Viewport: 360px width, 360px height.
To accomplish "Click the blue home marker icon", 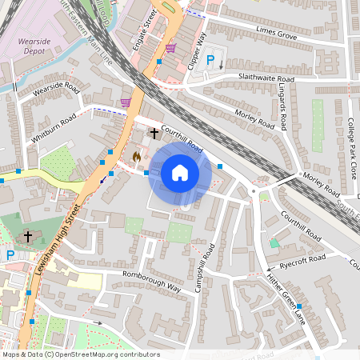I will pyautogui.click(x=180, y=172).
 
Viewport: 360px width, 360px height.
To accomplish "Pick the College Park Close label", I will pyautogui.click(x=350, y=148).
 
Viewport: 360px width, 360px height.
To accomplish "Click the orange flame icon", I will pyautogui.click(x=137, y=157).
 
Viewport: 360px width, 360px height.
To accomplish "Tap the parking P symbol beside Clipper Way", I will pyautogui.click(x=211, y=60).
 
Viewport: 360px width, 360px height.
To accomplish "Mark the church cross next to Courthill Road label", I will pyautogui.click(x=154, y=133).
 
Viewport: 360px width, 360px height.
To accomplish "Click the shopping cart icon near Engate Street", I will pyautogui.click(x=170, y=48).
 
